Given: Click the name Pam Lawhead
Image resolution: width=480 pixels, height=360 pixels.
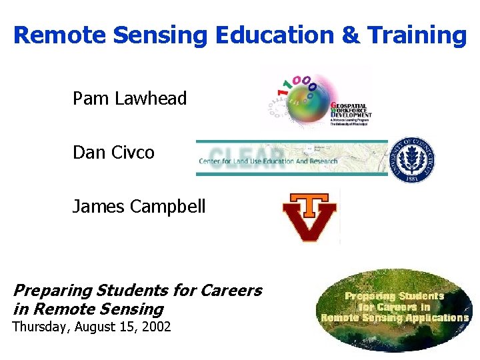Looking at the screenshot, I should [x=129, y=99].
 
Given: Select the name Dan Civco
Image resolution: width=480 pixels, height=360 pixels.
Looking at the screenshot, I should [x=113, y=153].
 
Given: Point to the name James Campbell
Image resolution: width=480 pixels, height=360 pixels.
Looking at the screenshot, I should [x=139, y=207].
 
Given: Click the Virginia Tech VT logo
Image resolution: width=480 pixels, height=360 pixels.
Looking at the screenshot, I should [x=309, y=217].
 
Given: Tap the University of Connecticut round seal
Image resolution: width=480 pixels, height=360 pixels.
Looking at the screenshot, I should [x=413, y=160].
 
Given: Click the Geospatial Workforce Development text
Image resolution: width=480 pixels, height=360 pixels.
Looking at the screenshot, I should [x=351, y=111].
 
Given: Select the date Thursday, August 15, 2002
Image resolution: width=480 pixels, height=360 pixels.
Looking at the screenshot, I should [x=92, y=327].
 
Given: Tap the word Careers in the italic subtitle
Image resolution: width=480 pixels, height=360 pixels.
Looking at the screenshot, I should [x=229, y=291].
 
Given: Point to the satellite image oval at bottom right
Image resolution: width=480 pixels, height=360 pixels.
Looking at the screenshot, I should [x=395, y=310].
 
